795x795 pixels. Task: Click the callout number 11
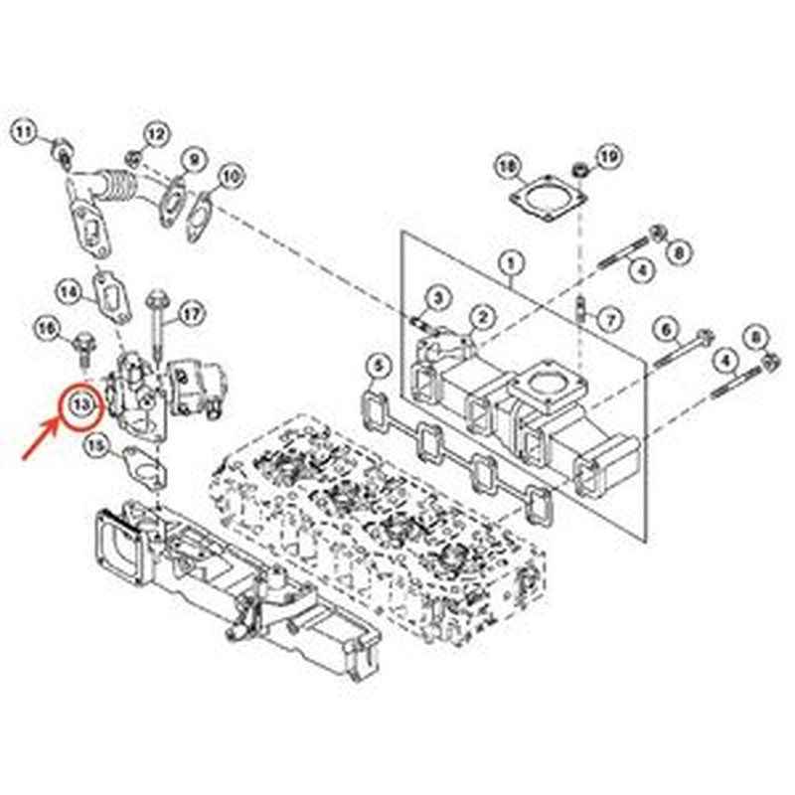[25, 131]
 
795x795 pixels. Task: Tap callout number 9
[193, 158]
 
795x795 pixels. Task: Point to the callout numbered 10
[231, 178]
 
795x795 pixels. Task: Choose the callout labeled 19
[608, 155]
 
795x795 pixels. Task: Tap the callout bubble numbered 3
[437, 296]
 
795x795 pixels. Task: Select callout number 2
[481, 316]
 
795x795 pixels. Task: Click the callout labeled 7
[610, 319]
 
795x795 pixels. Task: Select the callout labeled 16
[49, 327]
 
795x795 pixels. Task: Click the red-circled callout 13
[80, 405]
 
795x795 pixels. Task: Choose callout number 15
[95, 448]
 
